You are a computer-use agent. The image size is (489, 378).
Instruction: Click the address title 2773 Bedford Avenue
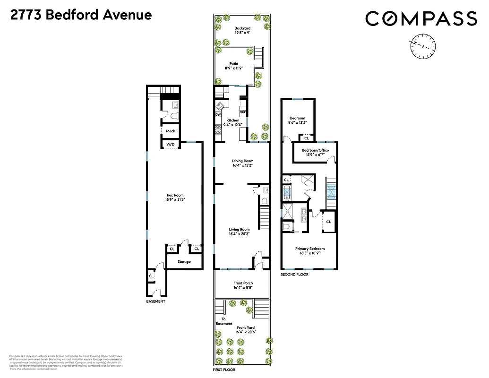(81, 15)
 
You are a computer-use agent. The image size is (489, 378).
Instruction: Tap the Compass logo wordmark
(421, 18)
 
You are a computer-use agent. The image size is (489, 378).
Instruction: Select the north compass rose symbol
(423, 45)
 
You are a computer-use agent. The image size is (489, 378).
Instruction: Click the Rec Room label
(175, 196)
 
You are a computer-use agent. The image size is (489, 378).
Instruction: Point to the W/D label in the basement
(170, 144)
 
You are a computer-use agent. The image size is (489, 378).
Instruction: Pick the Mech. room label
(171, 131)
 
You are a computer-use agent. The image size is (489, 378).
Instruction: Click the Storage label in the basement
(184, 261)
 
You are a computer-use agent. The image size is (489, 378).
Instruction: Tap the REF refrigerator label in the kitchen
(243, 112)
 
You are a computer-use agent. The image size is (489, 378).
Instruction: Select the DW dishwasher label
(218, 115)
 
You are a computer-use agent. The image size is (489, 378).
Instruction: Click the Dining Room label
(243, 161)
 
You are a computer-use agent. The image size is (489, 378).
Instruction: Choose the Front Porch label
(243, 283)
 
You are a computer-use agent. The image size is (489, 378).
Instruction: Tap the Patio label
(234, 63)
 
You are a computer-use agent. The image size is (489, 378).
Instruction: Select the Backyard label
(242, 28)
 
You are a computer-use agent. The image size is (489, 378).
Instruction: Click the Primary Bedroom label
(310, 249)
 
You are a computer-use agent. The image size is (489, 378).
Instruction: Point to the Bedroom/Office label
(315, 150)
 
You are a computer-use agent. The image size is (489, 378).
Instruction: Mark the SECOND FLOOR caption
(294, 275)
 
